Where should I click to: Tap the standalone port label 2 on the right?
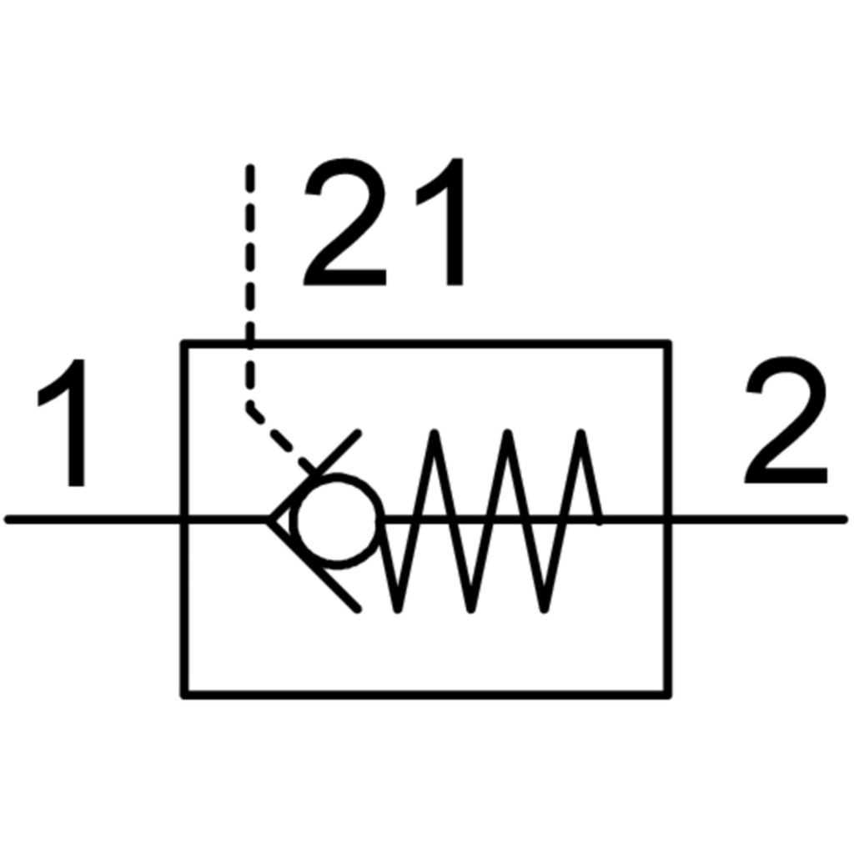[x=786, y=419]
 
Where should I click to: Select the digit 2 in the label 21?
[x=344, y=222]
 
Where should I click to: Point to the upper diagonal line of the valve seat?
[x=314, y=476]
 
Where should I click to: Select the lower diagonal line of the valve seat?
[x=314, y=566]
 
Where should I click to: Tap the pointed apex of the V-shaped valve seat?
[x=269, y=520]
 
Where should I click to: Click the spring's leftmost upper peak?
[x=434, y=434]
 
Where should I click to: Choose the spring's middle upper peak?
[x=508, y=434]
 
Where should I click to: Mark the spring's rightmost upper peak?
[x=581, y=434]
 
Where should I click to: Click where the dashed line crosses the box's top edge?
[x=250, y=344]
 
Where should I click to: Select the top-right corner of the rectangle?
[x=668, y=344]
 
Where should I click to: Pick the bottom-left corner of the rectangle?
[x=184, y=695]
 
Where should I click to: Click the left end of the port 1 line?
[x=8, y=520]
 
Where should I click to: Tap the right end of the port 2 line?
[x=845, y=520]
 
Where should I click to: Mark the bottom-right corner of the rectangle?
[x=668, y=695]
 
